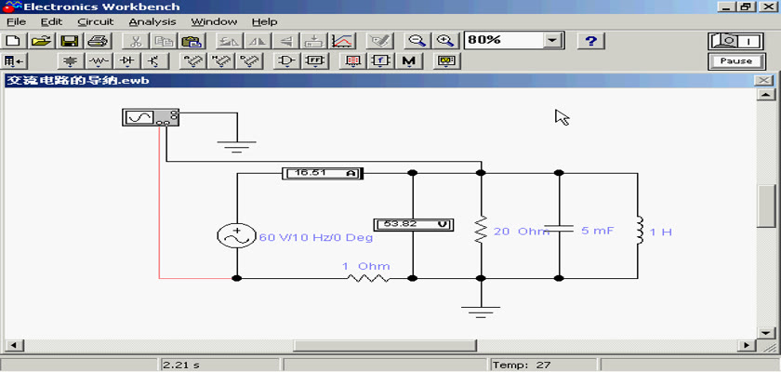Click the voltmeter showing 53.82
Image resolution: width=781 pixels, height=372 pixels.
(414, 224)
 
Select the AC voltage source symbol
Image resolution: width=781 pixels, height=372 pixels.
(236, 235)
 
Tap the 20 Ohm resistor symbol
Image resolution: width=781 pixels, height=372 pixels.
(481, 230)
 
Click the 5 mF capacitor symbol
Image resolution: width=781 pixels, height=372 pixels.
(559, 229)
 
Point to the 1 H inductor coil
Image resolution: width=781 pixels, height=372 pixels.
(639, 231)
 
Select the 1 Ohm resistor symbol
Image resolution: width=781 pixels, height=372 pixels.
(368, 278)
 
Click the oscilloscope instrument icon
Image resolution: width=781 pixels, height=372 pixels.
(151, 117)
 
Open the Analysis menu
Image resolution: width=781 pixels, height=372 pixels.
(152, 22)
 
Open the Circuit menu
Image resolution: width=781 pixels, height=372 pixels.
(96, 22)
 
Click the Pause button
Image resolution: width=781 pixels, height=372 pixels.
(735, 61)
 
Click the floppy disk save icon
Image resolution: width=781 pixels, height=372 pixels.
(69, 41)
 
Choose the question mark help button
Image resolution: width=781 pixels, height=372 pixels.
(590, 41)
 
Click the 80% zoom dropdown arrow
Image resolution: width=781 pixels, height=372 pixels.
(552, 41)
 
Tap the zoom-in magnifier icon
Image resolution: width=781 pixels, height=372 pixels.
(444, 41)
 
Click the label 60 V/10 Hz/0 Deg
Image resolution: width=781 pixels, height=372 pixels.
(316, 237)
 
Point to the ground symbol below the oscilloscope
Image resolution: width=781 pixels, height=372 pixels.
(236, 146)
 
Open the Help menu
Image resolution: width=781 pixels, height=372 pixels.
(264, 22)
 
